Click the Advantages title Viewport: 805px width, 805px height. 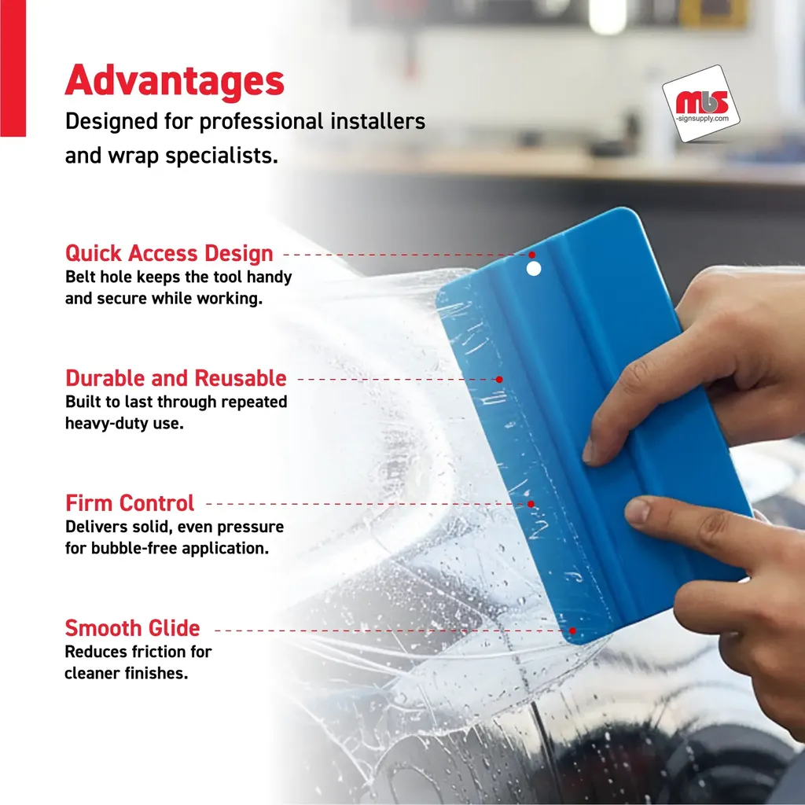pos(175,81)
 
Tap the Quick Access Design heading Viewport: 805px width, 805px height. pos(169,253)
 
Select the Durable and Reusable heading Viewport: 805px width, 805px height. pos(175,378)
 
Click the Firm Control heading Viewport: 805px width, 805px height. pos(130,502)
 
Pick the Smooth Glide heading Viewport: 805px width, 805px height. pos(132,628)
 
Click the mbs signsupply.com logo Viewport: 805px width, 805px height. pos(701,104)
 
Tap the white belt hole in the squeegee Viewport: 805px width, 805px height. pos(534,269)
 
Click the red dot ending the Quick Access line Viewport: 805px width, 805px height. pos(532,255)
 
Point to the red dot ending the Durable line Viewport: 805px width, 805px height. pos(499,380)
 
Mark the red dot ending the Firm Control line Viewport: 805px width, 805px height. pos(531,504)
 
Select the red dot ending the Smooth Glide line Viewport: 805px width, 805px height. pos(572,630)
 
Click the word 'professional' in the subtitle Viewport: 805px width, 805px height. pos(262,122)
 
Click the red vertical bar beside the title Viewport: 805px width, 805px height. pos(13,68)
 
